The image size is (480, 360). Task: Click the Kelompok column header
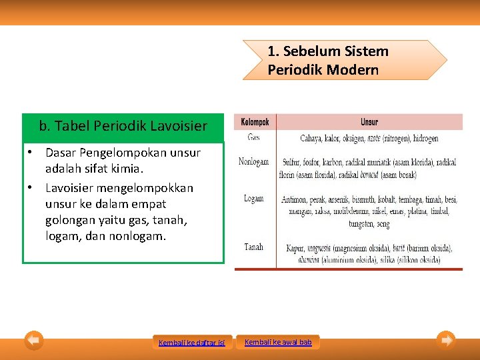coord(255,122)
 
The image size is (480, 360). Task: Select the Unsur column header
coord(369,122)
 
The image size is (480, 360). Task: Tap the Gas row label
coord(253,137)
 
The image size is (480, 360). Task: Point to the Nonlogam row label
coord(253,161)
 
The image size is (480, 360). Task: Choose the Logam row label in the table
coord(253,198)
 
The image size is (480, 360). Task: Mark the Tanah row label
coord(253,247)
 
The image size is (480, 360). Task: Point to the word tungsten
coord(361,224)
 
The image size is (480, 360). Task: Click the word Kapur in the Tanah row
coord(294,248)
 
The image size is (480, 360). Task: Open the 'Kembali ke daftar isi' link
coord(192,343)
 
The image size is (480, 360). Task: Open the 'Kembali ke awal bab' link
coord(278,342)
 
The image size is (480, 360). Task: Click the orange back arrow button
coord(34,341)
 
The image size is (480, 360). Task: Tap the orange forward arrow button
coord(446,341)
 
